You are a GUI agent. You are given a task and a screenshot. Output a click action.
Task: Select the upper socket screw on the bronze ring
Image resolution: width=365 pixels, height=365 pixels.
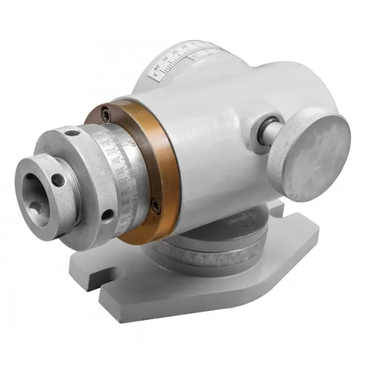coord(107,113)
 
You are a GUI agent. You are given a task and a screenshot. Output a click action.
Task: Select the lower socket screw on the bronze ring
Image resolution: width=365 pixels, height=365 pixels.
coord(155,206)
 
